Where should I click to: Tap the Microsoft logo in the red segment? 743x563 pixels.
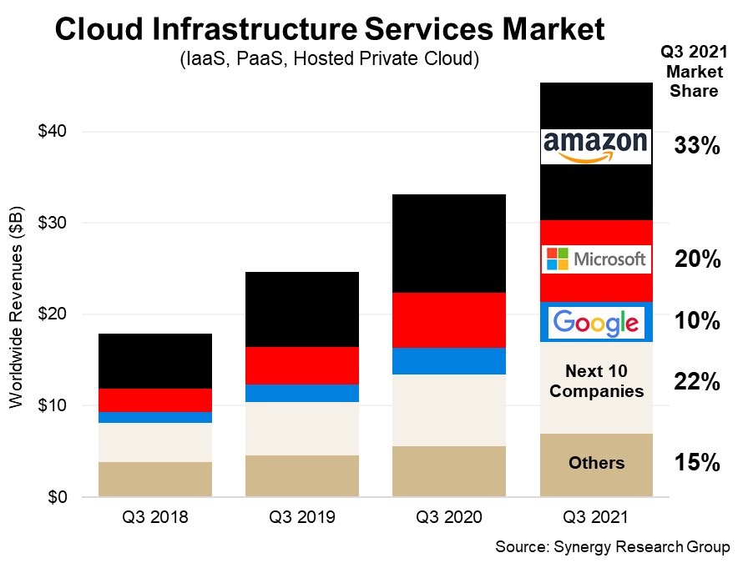(595, 259)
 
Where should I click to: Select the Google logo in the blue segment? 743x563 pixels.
(595, 322)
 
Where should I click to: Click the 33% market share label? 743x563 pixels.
(697, 147)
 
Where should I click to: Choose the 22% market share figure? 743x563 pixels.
(697, 382)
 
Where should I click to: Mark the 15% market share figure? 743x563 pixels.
(697, 463)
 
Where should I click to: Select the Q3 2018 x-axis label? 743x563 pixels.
(155, 517)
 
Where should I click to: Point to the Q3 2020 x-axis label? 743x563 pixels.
(448, 517)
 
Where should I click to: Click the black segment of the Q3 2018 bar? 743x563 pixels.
(155, 360)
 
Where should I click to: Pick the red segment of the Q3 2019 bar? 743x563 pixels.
(301, 365)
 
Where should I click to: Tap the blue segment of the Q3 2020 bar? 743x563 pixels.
(448, 360)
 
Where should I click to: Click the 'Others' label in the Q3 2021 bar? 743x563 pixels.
(595, 463)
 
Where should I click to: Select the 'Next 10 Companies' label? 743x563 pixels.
(595, 380)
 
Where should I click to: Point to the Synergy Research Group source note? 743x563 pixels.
(612, 547)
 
